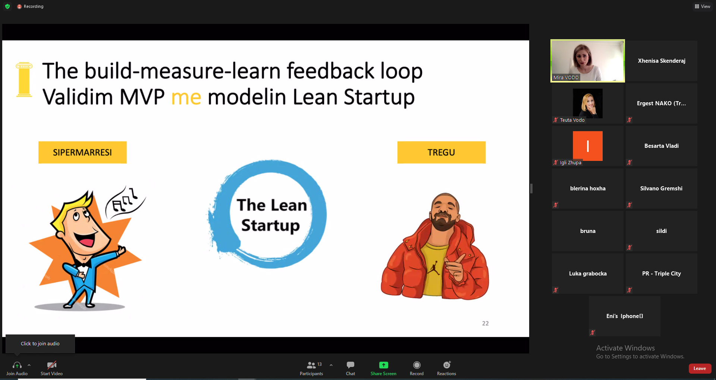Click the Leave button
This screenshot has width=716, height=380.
[700, 368]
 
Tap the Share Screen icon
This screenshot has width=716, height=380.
[383, 365]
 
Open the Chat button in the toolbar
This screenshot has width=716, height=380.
[351, 368]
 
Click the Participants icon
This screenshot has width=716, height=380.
[311, 365]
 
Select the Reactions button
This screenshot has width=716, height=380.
[446, 368]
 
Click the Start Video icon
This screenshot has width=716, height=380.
[52, 365]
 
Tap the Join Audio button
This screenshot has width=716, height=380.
[17, 368]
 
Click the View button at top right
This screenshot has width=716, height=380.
[702, 6]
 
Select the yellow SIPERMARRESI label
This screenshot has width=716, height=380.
[82, 152]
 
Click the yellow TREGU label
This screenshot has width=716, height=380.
[442, 152]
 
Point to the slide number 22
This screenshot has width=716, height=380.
[485, 323]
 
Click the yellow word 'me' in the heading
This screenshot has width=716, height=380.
[186, 98]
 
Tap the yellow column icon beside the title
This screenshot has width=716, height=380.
[24, 80]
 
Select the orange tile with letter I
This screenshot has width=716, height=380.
[588, 146]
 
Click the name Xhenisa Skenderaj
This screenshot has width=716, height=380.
[662, 61]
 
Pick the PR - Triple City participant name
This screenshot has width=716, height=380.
[662, 274]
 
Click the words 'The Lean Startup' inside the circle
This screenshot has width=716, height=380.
[271, 215]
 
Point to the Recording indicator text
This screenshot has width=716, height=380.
[34, 6]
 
